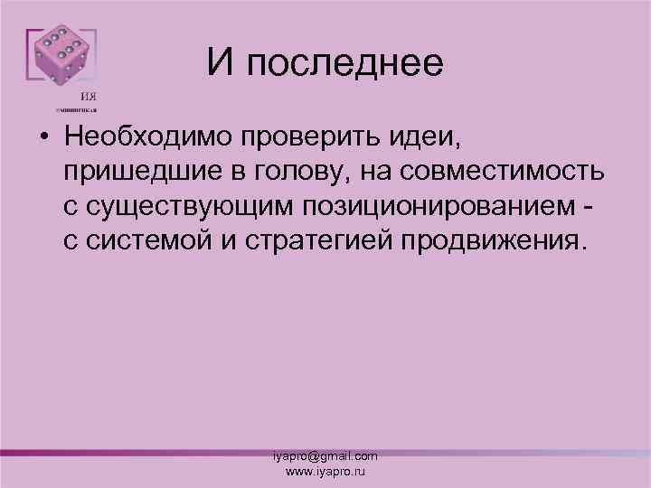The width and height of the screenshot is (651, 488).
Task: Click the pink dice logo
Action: point(61,58)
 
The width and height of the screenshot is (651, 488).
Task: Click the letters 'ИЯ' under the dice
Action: point(90,97)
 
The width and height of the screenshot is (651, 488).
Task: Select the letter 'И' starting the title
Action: point(218,62)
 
